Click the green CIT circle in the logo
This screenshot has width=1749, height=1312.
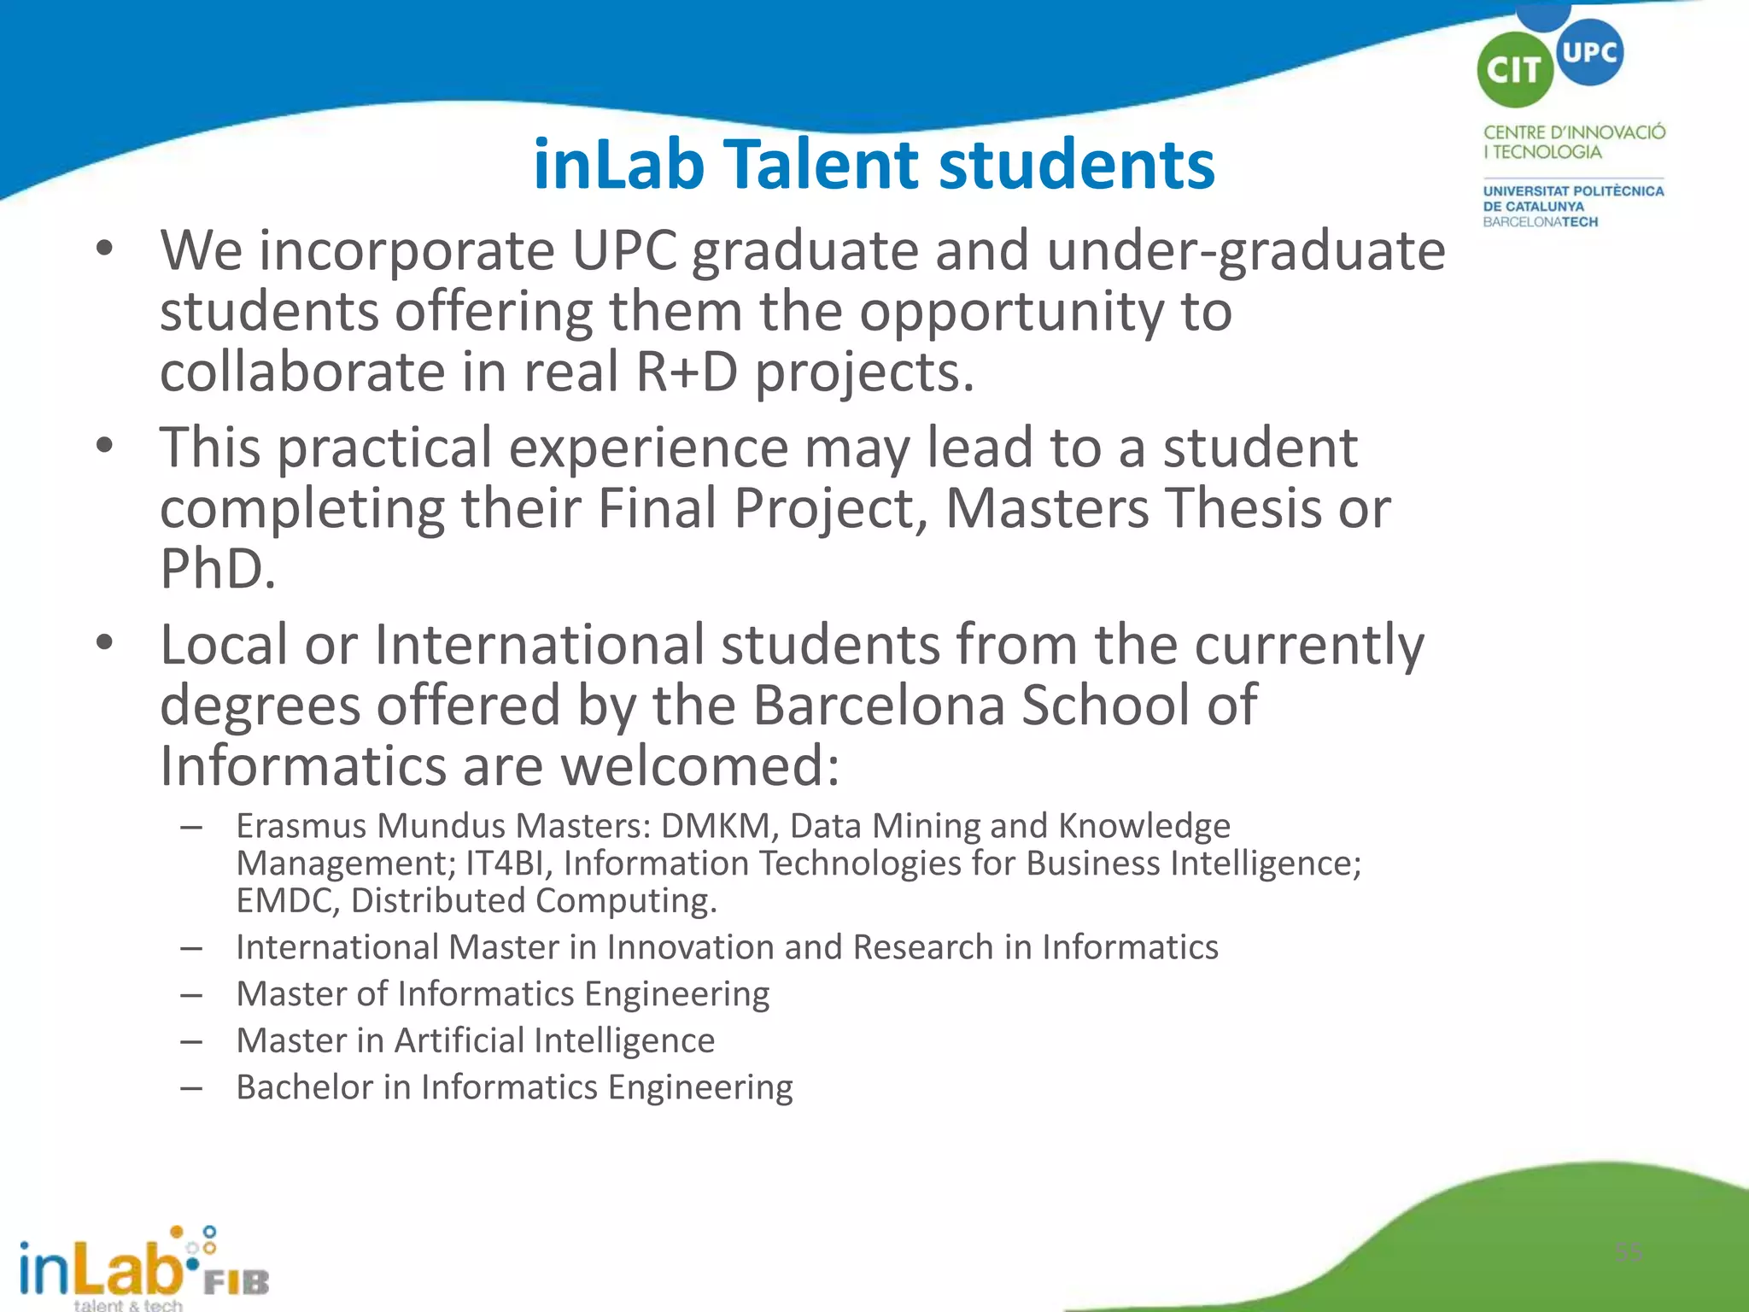click(x=1514, y=70)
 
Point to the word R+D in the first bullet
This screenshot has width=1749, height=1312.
click(x=687, y=372)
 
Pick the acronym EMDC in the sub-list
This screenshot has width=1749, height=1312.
click(x=288, y=901)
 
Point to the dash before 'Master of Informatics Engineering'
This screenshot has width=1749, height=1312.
click(x=191, y=995)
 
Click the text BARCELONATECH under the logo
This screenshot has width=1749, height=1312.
click(x=1540, y=222)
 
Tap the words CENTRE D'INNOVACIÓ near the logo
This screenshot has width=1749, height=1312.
click(x=1574, y=132)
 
